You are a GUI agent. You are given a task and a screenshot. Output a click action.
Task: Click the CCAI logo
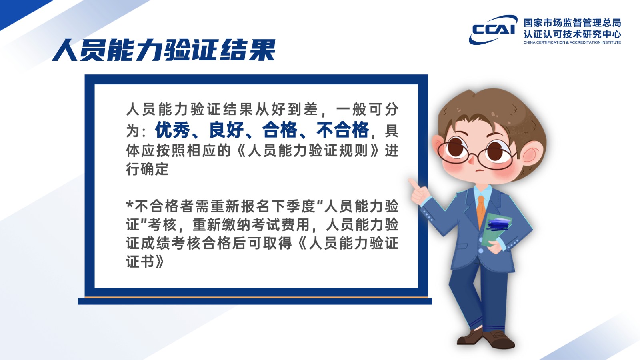(x=492, y=30)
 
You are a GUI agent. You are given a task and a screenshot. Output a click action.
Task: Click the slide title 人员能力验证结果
(x=164, y=50)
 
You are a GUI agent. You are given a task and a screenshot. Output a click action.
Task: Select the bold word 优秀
(x=172, y=130)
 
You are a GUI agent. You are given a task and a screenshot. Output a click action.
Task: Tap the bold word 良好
(x=226, y=130)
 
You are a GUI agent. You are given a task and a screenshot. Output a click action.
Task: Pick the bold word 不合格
(x=343, y=130)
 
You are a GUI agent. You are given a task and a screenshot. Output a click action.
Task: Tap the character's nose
(x=471, y=161)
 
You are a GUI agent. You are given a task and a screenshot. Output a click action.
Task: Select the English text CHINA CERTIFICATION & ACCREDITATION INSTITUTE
(x=572, y=42)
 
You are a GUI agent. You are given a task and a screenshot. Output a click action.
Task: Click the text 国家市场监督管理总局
(x=572, y=22)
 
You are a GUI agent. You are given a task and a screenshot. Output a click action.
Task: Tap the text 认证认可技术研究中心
(x=572, y=34)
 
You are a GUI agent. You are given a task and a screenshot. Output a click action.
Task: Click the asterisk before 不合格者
(x=130, y=204)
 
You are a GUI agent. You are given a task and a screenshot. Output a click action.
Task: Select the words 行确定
(x=148, y=169)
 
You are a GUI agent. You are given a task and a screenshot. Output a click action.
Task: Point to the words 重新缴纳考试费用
(x=251, y=224)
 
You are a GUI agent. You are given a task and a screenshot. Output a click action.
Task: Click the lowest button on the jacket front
(x=480, y=251)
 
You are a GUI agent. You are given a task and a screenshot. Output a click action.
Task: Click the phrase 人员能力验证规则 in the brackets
(x=308, y=150)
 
